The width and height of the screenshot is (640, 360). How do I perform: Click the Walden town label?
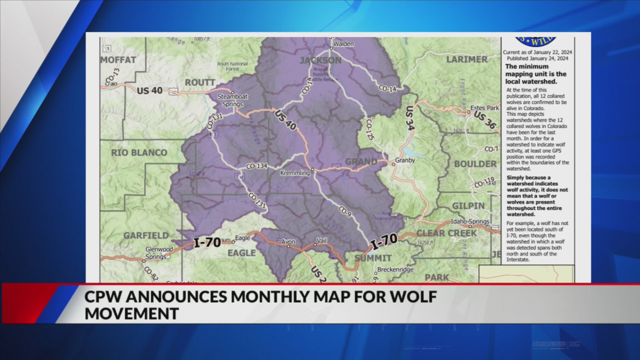point(343,44)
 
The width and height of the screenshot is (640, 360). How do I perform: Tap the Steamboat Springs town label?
point(233,100)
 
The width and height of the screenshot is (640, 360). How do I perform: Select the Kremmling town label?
point(295,173)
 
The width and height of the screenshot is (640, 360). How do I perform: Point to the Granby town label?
point(405,160)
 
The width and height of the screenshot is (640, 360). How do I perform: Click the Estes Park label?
point(484,108)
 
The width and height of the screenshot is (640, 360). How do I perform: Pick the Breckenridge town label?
point(395,269)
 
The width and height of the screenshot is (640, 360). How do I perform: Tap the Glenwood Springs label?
point(159,253)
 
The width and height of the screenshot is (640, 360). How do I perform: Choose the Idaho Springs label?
point(470,222)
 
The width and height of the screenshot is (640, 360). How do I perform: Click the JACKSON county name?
point(320,60)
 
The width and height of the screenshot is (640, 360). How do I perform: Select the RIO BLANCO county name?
point(139,153)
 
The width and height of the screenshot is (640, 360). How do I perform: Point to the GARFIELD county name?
point(146,236)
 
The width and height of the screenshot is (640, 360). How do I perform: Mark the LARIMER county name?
point(467,60)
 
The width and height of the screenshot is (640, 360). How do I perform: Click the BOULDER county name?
point(475,164)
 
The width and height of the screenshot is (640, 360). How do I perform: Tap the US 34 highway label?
point(410,118)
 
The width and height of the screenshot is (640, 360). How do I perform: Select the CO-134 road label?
point(257,166)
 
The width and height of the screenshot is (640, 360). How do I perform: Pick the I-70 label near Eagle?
point(207,242)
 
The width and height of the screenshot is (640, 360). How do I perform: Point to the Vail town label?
point(322,241)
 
